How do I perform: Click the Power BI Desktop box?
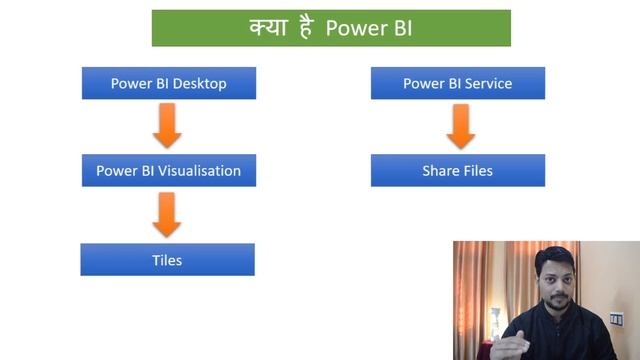168,84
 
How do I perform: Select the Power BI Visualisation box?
168,170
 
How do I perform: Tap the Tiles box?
167,260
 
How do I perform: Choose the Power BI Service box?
457,84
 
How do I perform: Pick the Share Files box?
457,170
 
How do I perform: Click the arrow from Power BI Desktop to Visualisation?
167,127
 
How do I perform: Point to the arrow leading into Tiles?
167,214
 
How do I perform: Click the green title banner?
331,28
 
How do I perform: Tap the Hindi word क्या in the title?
267,28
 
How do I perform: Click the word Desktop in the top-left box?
199,84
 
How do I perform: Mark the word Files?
477,170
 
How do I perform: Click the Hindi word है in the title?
305,28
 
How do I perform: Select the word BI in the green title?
398,29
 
